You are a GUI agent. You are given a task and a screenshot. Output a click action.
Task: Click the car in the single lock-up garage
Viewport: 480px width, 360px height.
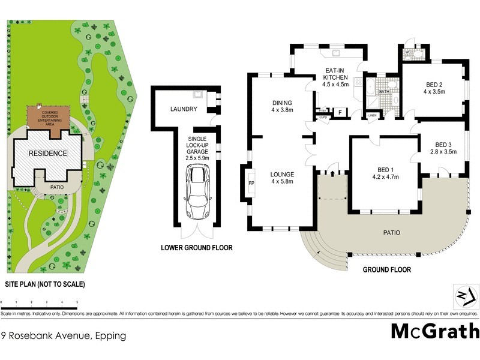coord(197,192)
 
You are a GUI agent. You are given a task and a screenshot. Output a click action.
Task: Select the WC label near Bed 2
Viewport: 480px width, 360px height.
coord(409,52)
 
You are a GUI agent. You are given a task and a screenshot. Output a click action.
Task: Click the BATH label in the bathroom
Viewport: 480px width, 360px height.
coord(383,92)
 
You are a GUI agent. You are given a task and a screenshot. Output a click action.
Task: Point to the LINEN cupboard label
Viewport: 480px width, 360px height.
coord(372,115)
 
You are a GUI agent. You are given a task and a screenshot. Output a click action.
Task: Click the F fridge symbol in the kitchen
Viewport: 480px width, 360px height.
coord(340,112)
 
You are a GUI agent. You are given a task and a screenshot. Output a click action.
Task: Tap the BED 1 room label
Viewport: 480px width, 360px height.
coord(386,169)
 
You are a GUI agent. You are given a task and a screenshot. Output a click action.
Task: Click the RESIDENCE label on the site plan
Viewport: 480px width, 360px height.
coord(48,154)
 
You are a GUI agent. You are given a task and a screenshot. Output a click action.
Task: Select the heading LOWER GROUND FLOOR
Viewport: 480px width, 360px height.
coord(196,248)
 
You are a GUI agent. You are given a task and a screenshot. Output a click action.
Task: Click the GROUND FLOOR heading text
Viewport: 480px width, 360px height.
coord(387,270)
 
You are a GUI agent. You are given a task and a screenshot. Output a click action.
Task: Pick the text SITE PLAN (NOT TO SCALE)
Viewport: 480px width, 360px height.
coord(46,284)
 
